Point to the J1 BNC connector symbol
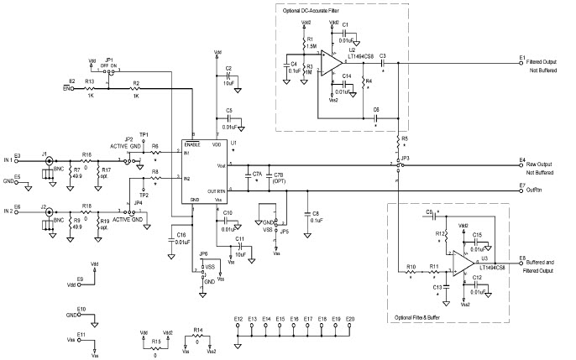(50, 159)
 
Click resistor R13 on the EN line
(90, 86)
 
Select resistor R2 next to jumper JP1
(135, 86)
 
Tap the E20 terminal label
(350, 320)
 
